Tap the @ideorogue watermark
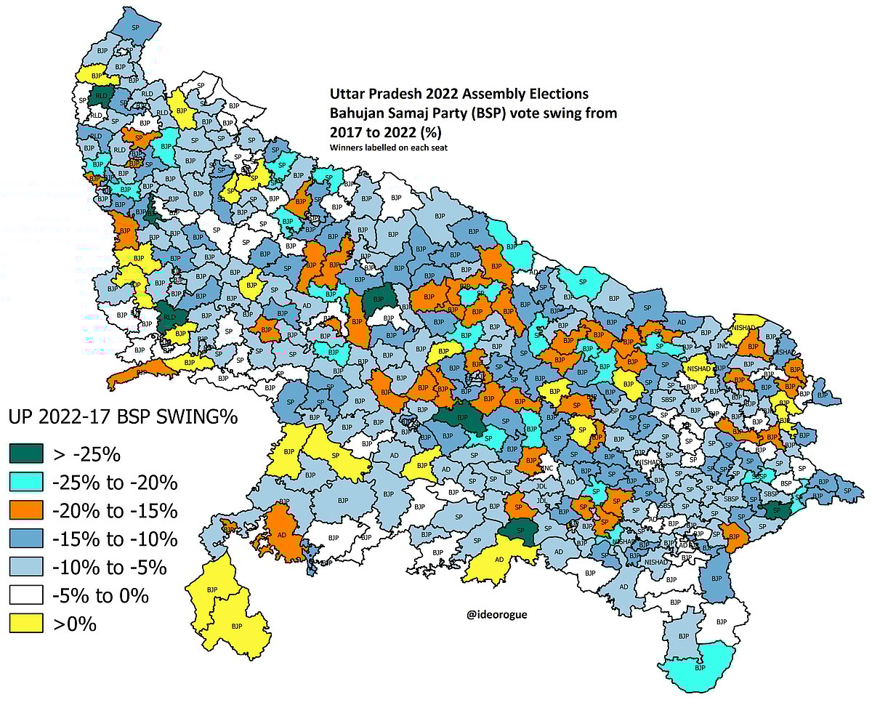497,615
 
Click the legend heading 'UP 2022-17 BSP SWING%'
124,419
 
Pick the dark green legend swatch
27,455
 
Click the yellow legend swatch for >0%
27,624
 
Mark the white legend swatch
27,596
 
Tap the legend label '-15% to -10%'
115,539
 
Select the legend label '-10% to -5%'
110,568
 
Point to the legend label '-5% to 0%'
100,596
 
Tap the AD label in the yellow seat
499,560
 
